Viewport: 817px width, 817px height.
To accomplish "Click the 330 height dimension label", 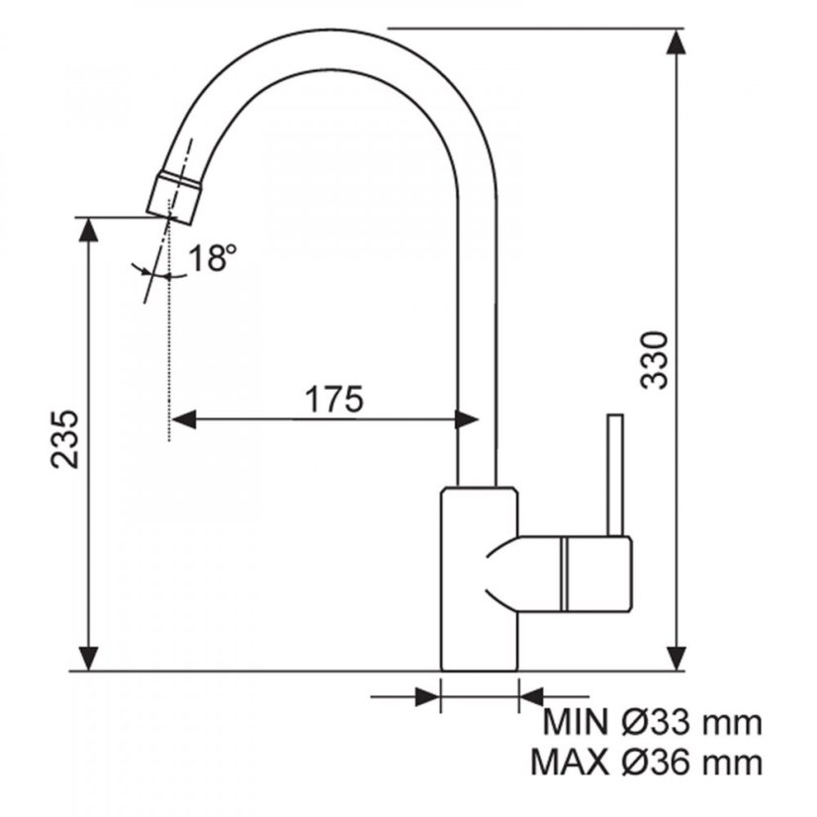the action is (x=654, y=359).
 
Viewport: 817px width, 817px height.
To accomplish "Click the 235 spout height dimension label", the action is (x=64, y=439).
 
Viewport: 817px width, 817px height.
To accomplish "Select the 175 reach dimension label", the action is (x=333, y=400).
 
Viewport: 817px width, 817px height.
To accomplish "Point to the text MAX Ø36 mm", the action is (x=647, y=763).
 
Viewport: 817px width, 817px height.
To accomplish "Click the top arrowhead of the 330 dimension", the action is (x=677, y=42).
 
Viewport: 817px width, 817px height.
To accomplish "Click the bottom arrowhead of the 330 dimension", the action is (x=677, y=658).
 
